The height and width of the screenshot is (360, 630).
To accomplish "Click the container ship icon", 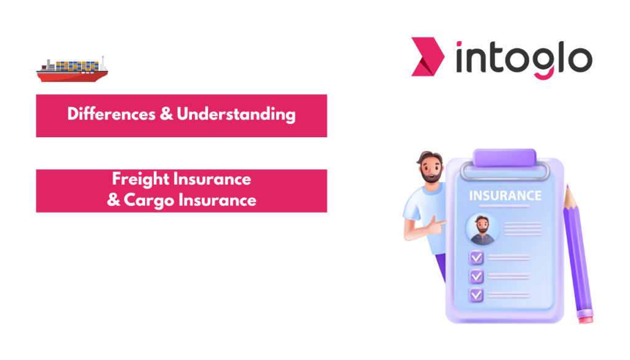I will click(72, 71).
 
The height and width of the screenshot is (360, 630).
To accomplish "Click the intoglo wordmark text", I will click(524, 58).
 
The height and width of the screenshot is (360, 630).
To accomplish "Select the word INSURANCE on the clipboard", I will click(505, 196).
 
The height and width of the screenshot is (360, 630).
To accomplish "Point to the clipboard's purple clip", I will click(504, 161).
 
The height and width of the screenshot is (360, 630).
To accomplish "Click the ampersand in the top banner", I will click(165, 114).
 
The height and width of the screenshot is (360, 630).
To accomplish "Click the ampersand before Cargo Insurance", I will click(114, 200).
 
